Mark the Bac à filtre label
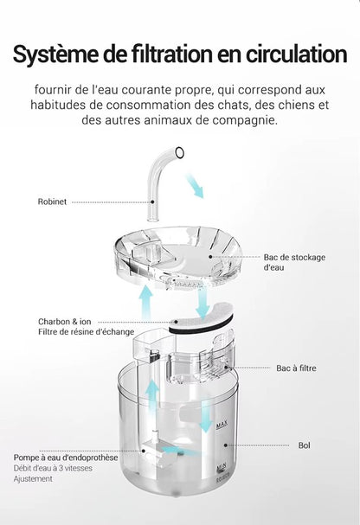pyautogui.click(x=296, y=368)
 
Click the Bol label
pyautogui.click(x=304, y=445)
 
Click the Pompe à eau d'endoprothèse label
pyautogui.click(x=65, y=458)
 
